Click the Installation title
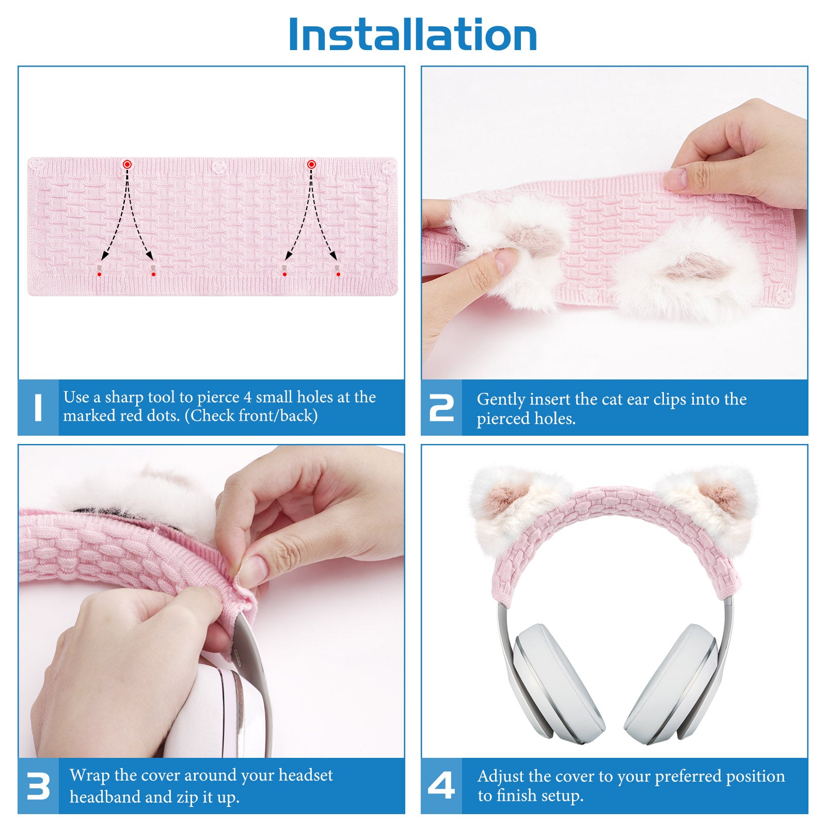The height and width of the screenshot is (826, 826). pos(413,35)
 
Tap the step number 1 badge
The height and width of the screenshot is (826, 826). pos(38,407)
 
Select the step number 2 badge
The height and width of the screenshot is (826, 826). pos(441,407)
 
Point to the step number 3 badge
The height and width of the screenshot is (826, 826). pos(38,786)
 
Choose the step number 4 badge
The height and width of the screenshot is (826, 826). pos(441,786)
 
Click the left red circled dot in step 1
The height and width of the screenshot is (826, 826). pos(127,164)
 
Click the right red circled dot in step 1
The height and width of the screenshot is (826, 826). pos(311,164)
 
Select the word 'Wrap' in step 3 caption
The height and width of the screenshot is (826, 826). pos(89,776)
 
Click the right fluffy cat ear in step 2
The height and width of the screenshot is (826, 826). pos(687,268)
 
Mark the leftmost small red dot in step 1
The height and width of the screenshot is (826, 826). pos(99,274)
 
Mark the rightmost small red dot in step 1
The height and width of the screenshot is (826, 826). pos(338,274)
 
